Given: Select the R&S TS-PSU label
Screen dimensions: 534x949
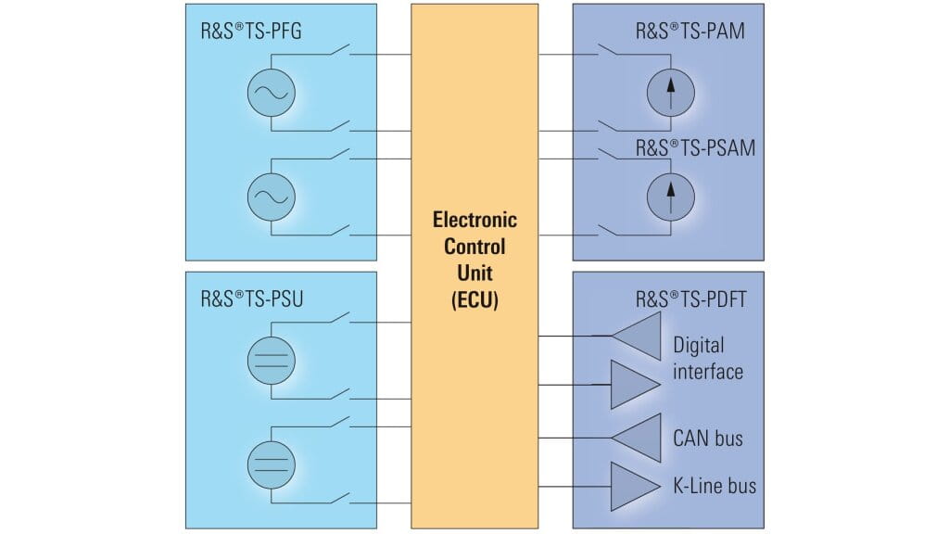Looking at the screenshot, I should tap(251, 299).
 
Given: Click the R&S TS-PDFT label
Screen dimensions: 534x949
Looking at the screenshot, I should tap(690, 299).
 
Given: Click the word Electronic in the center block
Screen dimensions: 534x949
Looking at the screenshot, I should tap(474, 221).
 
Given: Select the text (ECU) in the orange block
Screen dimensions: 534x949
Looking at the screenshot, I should tap(474, 300).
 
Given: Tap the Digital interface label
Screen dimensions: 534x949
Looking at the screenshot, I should tap(708, 358).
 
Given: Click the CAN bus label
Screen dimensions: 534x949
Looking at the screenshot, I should tap(708, 437).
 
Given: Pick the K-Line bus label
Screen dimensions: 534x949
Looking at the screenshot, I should tap(715, 485).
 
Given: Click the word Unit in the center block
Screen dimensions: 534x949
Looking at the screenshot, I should tap(474, 273).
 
